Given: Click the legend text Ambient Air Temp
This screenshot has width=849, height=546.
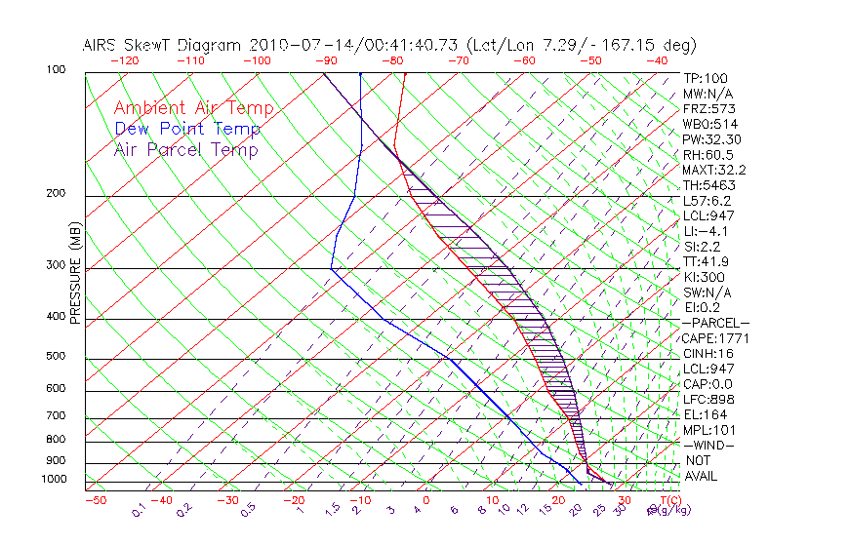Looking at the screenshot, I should pos(193,108).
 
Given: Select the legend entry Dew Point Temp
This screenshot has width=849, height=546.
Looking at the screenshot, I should pos(187,129).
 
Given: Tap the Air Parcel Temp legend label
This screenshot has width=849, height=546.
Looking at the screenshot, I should pos(185,149).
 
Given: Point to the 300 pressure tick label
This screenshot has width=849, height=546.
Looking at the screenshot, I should pos(56,264).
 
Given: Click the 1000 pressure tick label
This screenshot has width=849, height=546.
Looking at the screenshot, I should pos(54,479).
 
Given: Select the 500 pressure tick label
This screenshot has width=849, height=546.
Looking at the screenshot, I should pos(56,356).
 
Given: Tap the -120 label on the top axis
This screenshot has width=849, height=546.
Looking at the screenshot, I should pos(124,60).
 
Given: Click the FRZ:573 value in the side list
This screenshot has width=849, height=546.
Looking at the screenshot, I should pos(707,109).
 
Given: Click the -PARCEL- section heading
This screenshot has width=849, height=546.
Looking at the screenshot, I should pos(716,323).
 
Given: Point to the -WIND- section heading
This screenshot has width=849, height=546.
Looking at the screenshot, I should pos(710,445).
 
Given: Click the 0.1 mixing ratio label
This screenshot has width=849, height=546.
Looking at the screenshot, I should pos(139,509).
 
